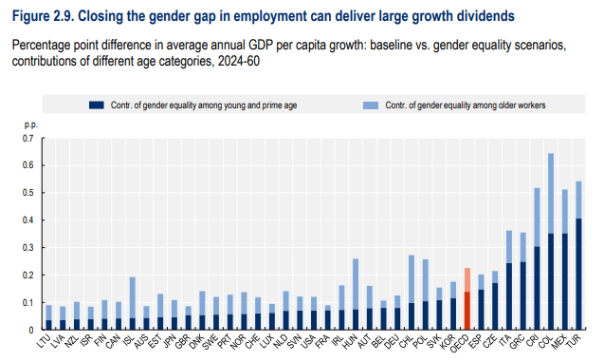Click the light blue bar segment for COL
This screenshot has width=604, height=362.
pyautogui.click(x=551, y=193)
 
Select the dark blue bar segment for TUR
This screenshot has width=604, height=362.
pyautogui.click(x=578, y=274)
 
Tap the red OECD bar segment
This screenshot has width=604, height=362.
pyautogui.click(x=467, y=311)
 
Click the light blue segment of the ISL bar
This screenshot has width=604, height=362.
pyautogui.click(x=132, y=297)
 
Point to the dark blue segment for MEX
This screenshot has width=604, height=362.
pyautogui.click(x=565, y=282)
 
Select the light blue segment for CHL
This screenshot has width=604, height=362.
pyautogui.click(x=412, y=279)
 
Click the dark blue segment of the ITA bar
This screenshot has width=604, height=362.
pyautogui.click(x=509, y=296)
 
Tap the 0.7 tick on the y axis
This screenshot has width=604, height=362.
pyautogui.click(x=28, y=138)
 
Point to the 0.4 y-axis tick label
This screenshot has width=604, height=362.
pyautogui.click(x=28, y=220)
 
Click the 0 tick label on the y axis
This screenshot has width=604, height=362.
pyautogui.click(x=31, y=331)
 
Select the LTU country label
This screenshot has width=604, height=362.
pyautogui.click(x=45, y=341)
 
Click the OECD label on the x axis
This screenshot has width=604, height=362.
pyautogui.click(x=460, y=343)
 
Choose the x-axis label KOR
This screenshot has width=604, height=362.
pyautogui.click(x=448, y=342)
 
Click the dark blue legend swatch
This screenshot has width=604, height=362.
pyautogui.click(x=97, y=105)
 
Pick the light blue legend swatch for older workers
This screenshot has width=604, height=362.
pyautogui.click(x=371, y=105)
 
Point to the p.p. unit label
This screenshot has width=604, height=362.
pyautogui.click(x=30, y=125)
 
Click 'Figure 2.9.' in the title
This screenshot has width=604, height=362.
pyautogui.click(x=44, y=16)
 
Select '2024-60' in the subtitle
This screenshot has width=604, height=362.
pyautogui.click(x=239, y=61)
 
